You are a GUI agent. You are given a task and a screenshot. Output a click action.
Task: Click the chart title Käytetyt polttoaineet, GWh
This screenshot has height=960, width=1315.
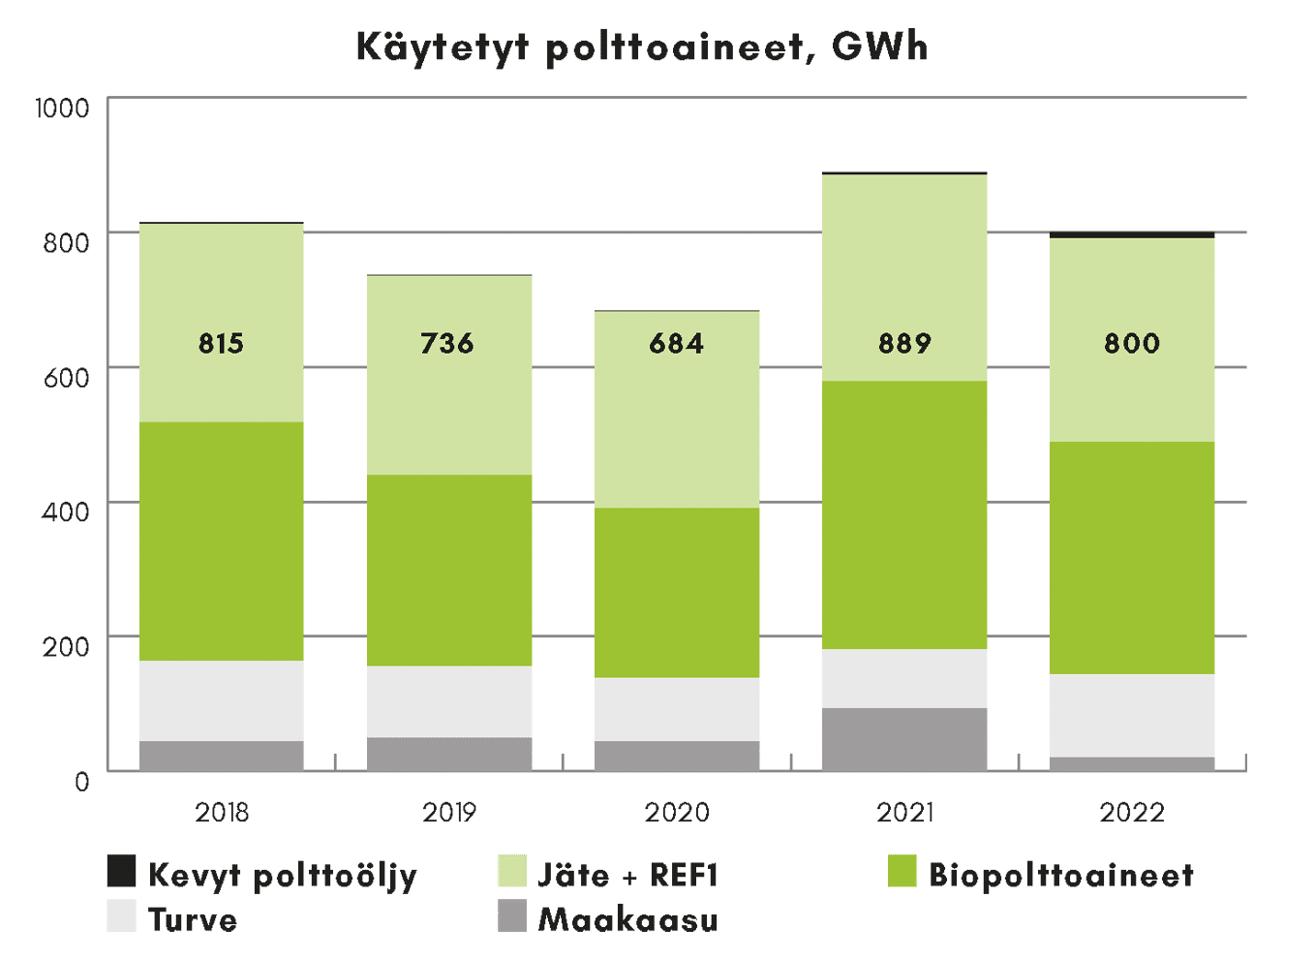pyautogui.click(x=642, y=47)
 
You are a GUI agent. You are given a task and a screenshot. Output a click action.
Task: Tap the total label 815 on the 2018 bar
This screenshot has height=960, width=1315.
pyautogui.click(x=221, y=344)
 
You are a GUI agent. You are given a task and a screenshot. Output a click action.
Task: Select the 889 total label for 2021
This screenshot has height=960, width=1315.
pyautogui.click(x=904, y=344)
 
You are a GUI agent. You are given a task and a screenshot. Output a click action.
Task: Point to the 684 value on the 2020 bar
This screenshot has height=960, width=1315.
pyautogui.click(x=676, y=344)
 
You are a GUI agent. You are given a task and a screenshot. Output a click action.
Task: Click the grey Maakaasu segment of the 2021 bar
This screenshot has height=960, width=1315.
pyautogui.click(x=904, y=739)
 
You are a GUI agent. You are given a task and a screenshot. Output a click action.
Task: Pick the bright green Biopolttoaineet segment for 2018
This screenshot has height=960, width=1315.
pyautogui.click(x=221, y=541)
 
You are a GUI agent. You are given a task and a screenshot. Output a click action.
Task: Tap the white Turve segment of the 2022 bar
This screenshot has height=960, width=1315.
pyautogui.click(x=1132, y=715)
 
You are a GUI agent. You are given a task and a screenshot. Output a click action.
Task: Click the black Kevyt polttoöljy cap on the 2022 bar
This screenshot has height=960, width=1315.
pyautogui.click(x=1132, y=234)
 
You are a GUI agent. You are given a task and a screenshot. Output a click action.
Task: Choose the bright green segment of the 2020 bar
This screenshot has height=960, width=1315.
pyautogui.click(x=676, y=592)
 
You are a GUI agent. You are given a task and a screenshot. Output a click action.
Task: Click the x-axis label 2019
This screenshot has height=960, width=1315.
pyautogui.click(x=449, y=812)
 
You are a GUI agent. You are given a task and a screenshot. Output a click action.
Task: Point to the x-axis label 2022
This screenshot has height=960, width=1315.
pyautogui.click(x=1132, y=812)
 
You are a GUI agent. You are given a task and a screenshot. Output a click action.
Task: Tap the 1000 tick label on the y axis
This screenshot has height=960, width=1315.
pyautogui.click(x=62, y=108)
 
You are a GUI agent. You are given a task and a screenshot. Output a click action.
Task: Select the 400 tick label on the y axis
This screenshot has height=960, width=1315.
pyautogui.click(x=65, y=511)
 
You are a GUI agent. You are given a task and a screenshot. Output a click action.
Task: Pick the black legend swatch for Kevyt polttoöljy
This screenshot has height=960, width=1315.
pyautogui.click(x=121, y=872)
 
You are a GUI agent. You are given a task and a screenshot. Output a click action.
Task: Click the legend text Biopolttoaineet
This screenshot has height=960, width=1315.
pyautogui.click(x=1061, y=876)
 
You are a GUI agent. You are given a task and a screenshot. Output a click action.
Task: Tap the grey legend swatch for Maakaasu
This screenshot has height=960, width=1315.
pyautogui.click(x=512, y=916)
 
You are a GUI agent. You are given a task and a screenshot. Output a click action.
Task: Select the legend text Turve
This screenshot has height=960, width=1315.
pyautogui.click(x=193, y=919)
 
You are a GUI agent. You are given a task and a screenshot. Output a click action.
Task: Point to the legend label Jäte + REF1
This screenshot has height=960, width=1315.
pyautogui.click(x=628, y=876)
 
